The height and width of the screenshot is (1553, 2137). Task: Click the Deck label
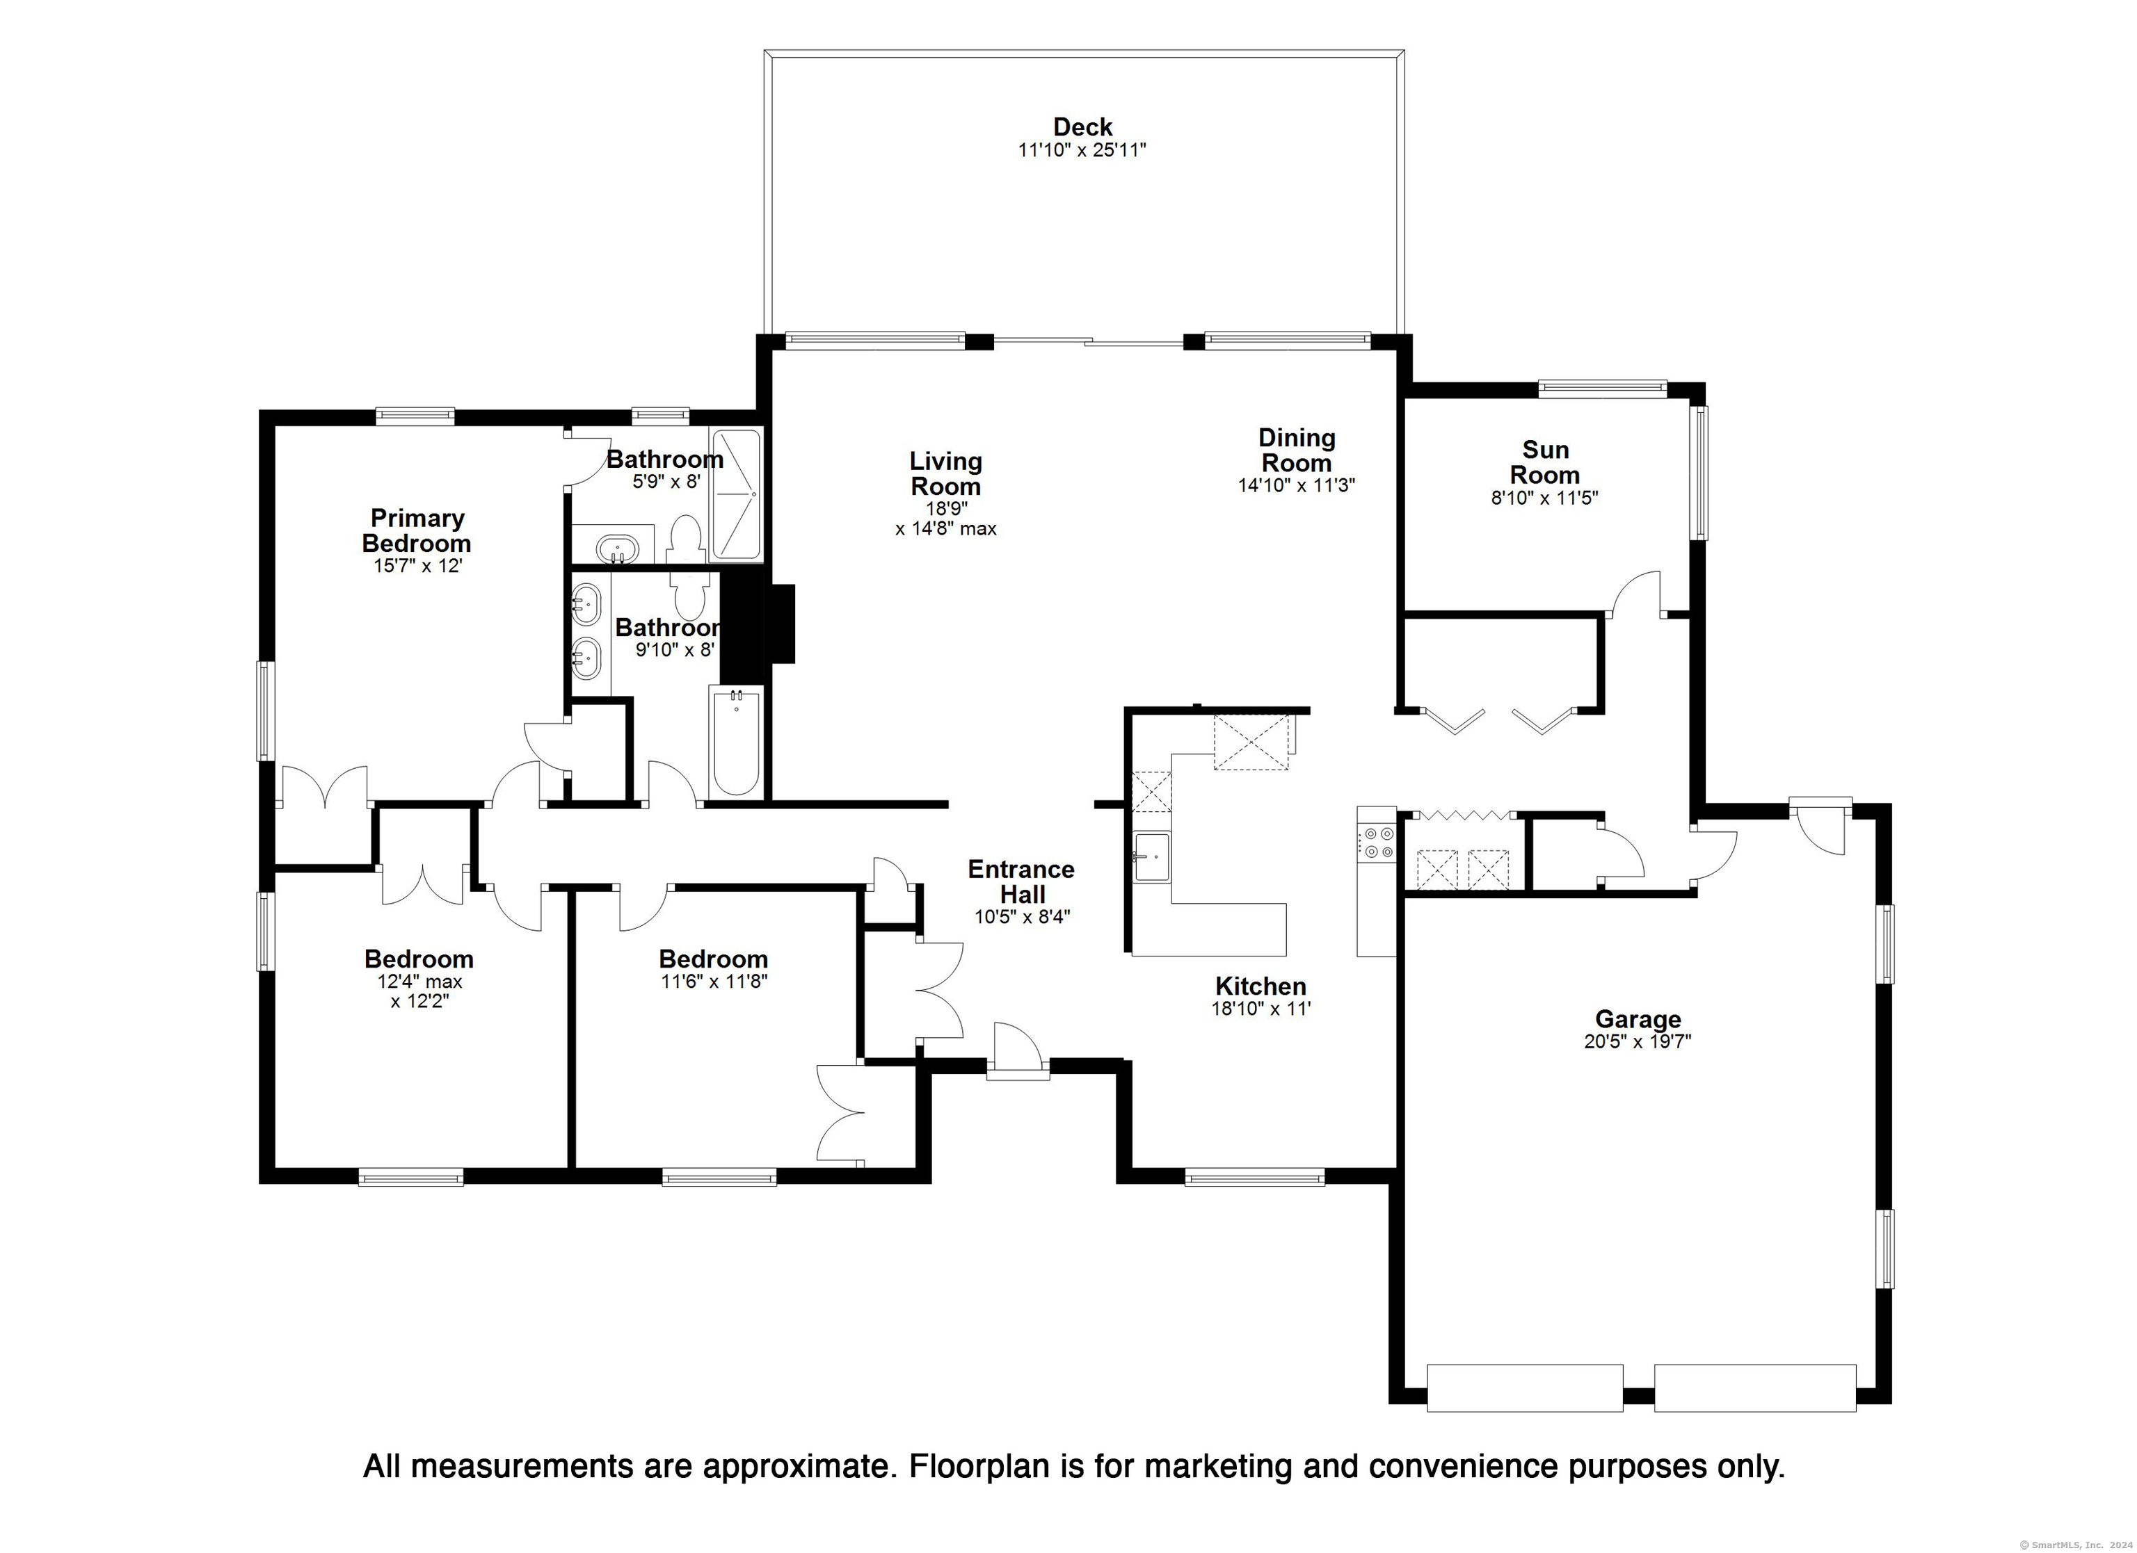click(1082, 127)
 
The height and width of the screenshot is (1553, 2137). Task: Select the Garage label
click(1638, 1019)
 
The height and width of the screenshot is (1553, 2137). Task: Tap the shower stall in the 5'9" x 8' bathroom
click(736, 496)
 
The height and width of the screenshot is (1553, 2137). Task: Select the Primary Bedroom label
click(417, 530)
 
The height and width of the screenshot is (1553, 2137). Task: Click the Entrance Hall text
click(1021, 881)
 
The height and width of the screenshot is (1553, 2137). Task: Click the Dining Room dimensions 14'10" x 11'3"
click(1297, 485)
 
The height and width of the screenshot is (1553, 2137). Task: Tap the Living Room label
click(946, 473)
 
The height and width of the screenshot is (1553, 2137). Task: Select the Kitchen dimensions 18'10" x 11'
click(1260, 1009)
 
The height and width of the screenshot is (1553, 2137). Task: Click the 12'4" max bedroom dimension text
click(419, 982)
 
